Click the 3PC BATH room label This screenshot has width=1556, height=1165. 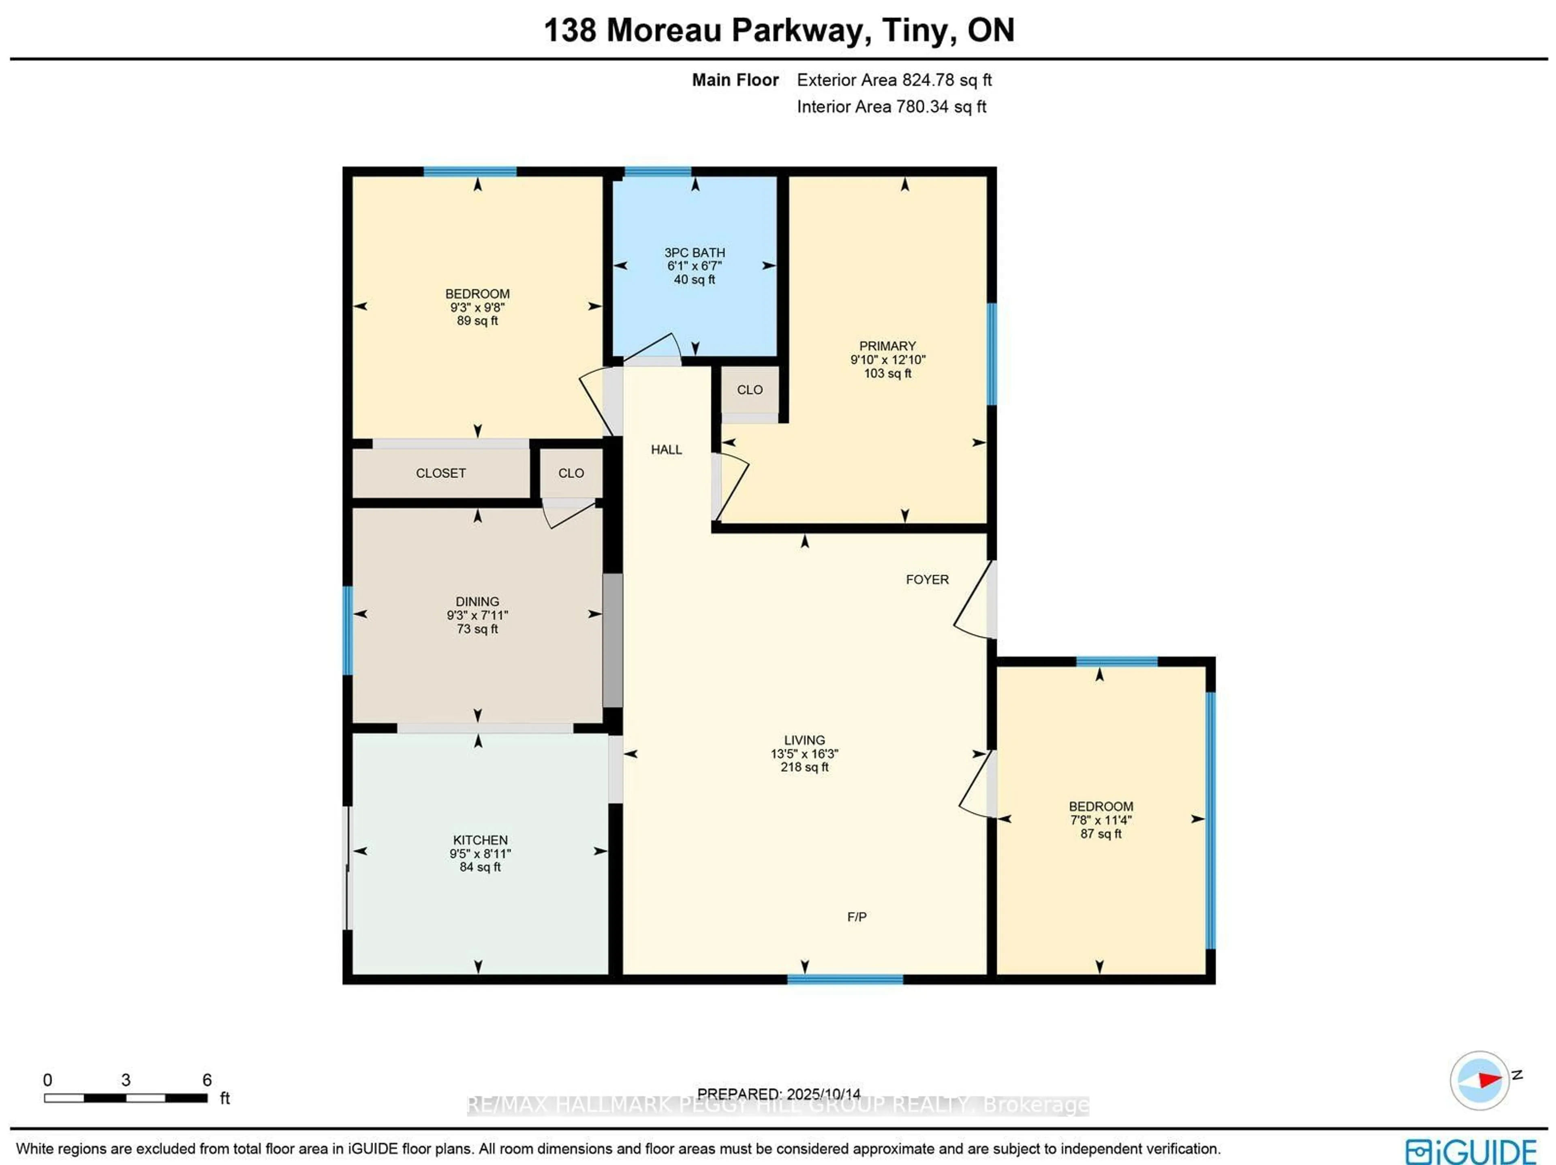694,252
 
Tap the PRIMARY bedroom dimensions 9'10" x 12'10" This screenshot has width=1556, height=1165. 888,359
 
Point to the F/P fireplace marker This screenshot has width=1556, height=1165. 856,917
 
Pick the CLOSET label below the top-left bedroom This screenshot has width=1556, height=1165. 440,473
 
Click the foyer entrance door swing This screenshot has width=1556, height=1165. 974,601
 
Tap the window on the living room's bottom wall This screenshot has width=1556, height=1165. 845,979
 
